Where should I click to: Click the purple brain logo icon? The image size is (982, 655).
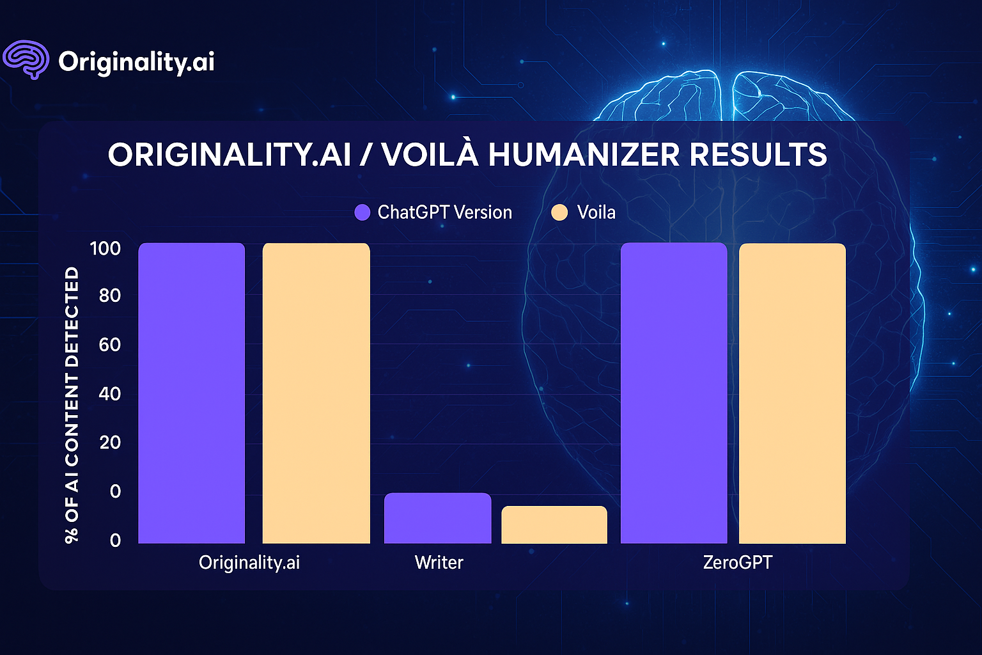point(26,59)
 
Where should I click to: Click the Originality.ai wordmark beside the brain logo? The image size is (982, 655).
point(136,62)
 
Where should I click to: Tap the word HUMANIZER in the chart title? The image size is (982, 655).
point(584,154)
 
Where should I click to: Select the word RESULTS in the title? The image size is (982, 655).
point(758,154)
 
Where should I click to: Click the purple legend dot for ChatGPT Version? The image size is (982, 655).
point(362,213)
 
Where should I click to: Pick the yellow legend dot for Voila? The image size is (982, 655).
point(559,213)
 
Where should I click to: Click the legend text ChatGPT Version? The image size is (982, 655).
point(444,212)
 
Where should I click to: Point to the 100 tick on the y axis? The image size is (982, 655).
point(105,249)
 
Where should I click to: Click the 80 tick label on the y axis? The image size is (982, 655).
point(109,296)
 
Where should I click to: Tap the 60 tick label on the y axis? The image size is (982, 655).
point(109,345)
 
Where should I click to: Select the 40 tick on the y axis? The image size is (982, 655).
point(109,394)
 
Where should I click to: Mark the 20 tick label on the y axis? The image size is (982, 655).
point(109,443)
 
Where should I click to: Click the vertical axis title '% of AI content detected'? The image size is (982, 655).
point(72,405)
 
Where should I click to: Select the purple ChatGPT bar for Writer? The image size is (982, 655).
point(437,518)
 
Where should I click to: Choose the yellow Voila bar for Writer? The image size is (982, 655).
point(554,525)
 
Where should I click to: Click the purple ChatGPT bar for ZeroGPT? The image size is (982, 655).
point(674,393)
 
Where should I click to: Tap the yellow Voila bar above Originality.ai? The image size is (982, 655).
point(316,393)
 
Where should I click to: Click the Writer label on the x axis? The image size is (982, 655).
point(439,562)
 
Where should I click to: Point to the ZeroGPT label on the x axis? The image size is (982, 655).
point(738,562)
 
